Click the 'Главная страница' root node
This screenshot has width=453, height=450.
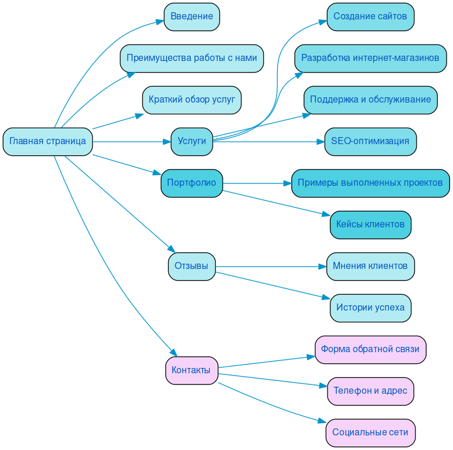click(47, 141)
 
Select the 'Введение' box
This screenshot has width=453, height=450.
click(192, 16)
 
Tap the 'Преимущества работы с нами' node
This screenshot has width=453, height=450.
click(192, 58)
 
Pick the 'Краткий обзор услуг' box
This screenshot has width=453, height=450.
click(192, 100)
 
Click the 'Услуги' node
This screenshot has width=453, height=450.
click(192, 141)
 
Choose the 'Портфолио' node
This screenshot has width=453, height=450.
click(192, 183)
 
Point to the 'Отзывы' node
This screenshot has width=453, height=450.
click(192, 266)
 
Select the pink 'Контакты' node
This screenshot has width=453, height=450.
click(192, 370)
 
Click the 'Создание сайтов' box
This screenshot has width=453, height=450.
click(370, 16)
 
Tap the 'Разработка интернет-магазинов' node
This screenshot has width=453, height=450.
click(370, 58)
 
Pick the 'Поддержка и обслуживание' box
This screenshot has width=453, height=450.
click(370, 100)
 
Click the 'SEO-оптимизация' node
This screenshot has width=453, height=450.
click(370, 141)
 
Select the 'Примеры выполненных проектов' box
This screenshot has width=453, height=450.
click(370, 183)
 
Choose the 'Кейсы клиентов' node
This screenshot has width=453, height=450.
click(370, 224)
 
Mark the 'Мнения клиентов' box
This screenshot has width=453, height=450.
click(370, 266)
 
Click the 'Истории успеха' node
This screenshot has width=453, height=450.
click(370, 308)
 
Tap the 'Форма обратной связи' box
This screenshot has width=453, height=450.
click(370, 349)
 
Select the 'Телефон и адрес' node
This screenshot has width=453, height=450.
click(370, 391)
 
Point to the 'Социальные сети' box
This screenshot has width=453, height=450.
click(370, 432)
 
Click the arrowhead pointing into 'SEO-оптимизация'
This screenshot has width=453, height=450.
click(321, 141)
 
